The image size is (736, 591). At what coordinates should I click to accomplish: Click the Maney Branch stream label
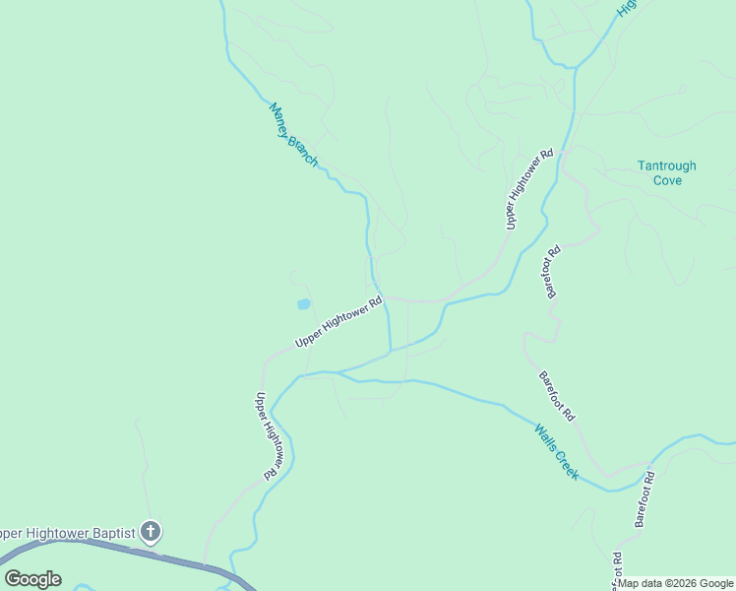click(293, 135)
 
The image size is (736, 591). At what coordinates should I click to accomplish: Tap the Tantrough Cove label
click(666, 173)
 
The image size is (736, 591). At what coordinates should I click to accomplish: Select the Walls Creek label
click(557, 452)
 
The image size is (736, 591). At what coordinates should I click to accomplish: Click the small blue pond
click(303, 304)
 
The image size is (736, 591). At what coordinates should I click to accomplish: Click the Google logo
click(32, 579)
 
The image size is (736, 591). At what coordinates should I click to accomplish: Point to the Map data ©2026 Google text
click(675, 583)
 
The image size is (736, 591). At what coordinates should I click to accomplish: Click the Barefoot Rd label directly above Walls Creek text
click(556, 396)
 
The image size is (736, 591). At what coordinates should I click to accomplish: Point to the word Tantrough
click(666, 166)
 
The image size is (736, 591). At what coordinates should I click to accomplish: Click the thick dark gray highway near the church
click(187, 561)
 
